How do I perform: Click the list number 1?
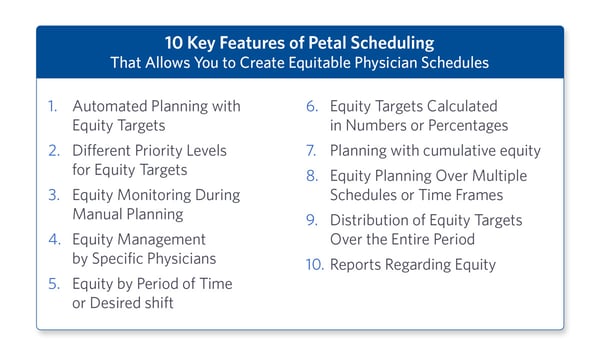[x=53, y=106]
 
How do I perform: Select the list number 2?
[x=53, y=151]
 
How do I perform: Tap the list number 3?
[x=53, y=195]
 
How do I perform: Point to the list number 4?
[x=53, y=240]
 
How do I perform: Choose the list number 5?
[x=53, y=284]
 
